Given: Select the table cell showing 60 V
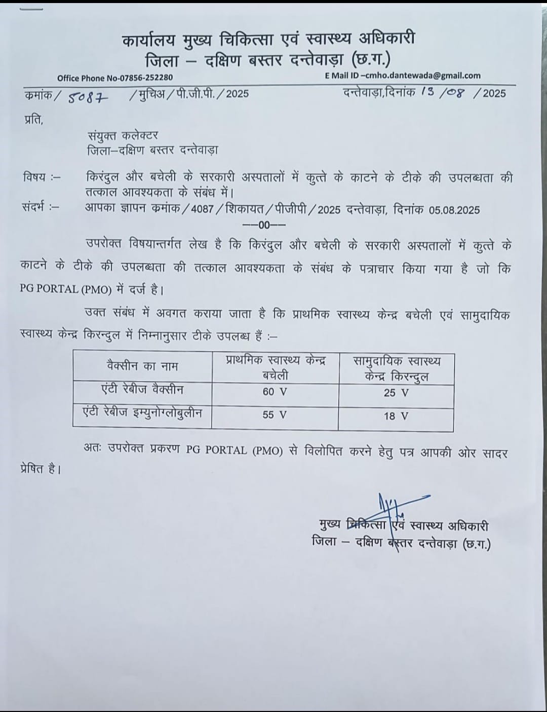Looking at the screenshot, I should click(x=275, y=392).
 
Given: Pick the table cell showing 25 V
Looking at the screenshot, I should click(x=396, y=393).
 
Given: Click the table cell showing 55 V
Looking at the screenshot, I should click(x=275, y=415).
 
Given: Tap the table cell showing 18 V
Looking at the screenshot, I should click(x=396, y=416).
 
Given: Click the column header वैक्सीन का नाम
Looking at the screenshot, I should click(x=142, y=366).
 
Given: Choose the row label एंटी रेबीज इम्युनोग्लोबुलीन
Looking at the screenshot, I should click(x=142, y=413).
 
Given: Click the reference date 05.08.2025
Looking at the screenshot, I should click(x=454, y=210).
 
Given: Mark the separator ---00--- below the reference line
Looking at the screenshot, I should click(x=264, y=224).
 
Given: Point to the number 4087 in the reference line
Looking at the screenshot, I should click(x=203, y=209).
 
